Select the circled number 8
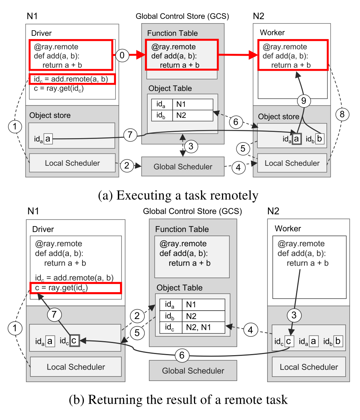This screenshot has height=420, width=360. tap(342, 115)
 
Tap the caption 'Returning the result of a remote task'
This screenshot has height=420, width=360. tap(178, 400)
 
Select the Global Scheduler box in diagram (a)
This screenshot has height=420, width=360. tap(183, 167)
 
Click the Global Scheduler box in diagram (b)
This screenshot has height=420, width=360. tap(193, 370)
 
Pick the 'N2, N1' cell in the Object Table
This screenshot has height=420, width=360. tap(203, 328)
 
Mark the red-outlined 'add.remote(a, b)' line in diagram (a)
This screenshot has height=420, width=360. tap(73, 79)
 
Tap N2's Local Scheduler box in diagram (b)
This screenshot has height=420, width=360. tap(308, 367)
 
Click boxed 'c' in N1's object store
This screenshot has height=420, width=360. tap(74, 341)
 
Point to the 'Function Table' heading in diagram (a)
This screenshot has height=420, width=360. tap(172, 33)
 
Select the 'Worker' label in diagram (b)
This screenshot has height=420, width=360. tap(287, 228)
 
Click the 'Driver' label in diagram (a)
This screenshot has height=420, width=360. tap(42, 34)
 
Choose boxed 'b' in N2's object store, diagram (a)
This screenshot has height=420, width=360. tap(320, 139)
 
